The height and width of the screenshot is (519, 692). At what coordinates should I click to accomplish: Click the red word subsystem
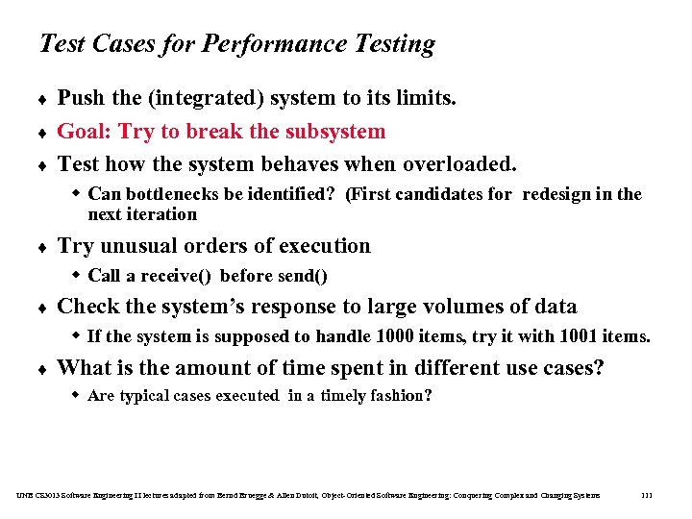click(333, 131)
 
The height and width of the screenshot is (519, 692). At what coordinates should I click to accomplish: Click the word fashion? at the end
click(404, 396)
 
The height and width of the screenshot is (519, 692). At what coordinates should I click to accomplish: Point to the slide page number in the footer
click(646, 495)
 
